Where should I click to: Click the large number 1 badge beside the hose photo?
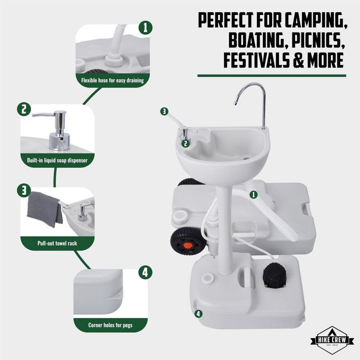(144, 27)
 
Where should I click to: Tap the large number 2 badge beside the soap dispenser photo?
(23, 109)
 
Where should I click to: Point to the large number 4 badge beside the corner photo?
(144, 272)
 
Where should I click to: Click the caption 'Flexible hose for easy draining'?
(112, 81)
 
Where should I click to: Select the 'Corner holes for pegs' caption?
(110, 325)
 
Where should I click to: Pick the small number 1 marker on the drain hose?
(253, 195)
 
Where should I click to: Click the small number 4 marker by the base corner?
(198, 313)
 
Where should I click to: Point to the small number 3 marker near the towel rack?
(165, 111)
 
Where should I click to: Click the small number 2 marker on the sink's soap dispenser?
(185, 144)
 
